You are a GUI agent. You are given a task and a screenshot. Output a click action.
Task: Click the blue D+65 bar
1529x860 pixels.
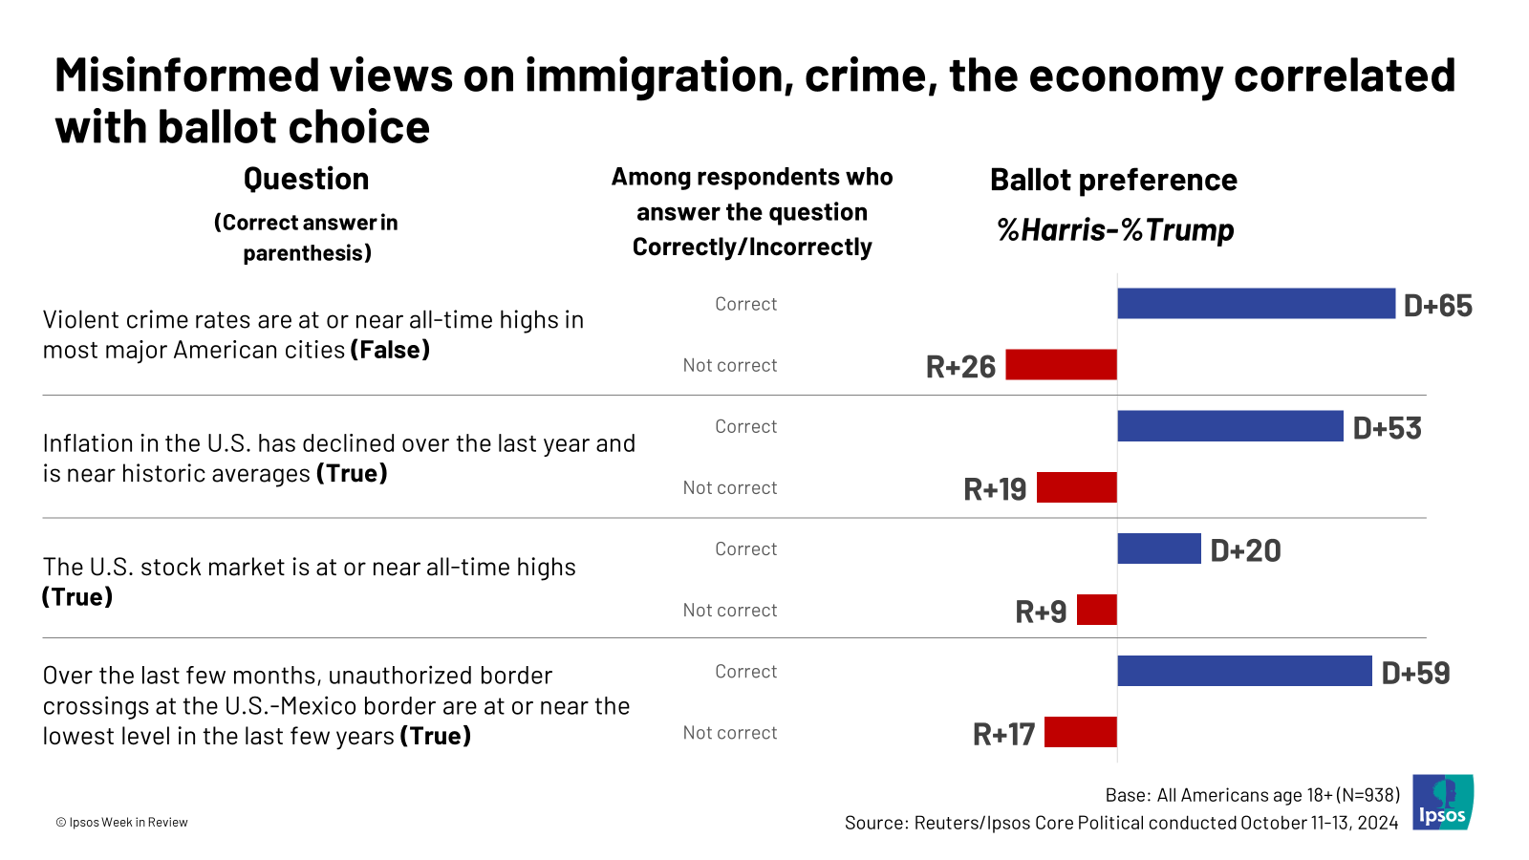[x=1256, y=304]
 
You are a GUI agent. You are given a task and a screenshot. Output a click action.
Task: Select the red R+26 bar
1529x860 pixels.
[x=1061, y=365]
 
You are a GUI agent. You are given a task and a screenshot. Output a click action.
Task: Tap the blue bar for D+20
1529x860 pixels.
[x=1158, y=548]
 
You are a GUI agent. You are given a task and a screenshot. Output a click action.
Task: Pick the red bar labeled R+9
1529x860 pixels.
[x=1096, y=610]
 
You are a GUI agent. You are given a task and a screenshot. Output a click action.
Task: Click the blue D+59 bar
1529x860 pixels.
[x=1244, y=671]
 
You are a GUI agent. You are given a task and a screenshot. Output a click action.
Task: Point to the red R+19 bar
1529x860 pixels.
[x=1076, y=487]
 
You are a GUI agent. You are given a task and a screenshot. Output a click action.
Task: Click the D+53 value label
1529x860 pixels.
[x=1387, y=428]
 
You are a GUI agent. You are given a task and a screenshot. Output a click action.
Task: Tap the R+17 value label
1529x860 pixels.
[x=1003, y=734]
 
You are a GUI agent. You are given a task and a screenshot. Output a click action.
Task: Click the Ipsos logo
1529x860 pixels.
[x=1443, y=802]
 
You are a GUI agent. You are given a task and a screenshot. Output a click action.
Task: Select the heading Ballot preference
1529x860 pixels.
[x=1113, y=180]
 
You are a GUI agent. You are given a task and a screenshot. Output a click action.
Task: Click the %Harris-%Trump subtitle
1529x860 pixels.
[x=1115, y=230]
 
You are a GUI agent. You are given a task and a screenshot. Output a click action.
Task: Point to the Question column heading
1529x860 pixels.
[x=306, y=179]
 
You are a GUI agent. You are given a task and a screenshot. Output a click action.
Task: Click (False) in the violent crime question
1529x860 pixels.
[x=390, y=350]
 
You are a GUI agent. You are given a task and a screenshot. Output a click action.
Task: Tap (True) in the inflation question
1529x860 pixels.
[x=352, y=473]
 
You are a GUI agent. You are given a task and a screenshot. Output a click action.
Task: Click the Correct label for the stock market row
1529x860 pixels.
[x=745, y=549]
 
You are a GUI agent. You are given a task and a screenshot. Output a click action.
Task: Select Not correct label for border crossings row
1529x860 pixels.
[x=729, y=733]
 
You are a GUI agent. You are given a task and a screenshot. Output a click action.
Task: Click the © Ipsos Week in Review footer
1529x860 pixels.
[x=121, y=822]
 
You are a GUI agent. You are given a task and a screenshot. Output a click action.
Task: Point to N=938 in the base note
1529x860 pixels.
[x=1367, y=795]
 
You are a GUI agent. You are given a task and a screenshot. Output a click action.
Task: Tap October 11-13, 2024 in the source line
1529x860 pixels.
[x=1319, y=823]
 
